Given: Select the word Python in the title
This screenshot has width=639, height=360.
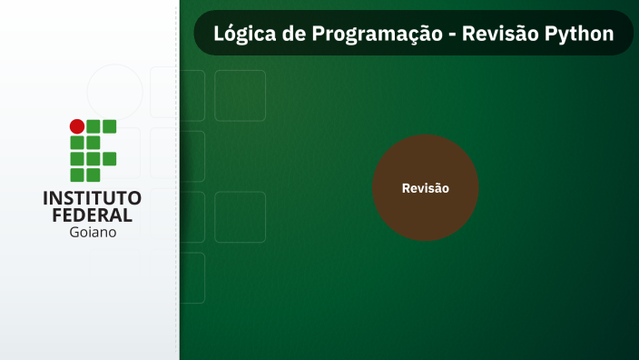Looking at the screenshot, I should pyautogui.click(x=579, y=34).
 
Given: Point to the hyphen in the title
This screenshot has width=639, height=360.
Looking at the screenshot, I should pyautogui.click(x=451, y=35).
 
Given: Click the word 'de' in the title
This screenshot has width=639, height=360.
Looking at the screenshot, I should pyautogui.click(x=290, y=34).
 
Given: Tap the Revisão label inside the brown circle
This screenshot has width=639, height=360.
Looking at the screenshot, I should pyautogui.click(x=426, y=188).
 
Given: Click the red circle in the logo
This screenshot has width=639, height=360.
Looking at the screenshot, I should pyautogui.click(x=77, y=126).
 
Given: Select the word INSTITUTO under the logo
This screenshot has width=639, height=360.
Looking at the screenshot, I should pyautogui.click(x=93, y=197).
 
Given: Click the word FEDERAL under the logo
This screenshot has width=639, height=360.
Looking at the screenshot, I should pyautogui.click(x=93, y=215).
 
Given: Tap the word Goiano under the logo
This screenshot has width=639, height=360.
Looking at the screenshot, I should pyautogui.click(x=93, y=232).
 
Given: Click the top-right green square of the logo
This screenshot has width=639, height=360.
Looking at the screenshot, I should pyautogui.click(x=109, y=126).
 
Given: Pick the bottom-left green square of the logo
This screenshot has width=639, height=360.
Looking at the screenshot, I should pyautogui.click(x=77, y=175).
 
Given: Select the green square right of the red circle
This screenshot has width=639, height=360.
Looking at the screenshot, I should pyautogui.click(x=93, y=126).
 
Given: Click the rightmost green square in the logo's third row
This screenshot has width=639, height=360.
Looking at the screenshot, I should pyautogui.click(x=109, y=158).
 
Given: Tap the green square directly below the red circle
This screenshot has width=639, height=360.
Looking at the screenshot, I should pyautogui.click(x=77, y=143).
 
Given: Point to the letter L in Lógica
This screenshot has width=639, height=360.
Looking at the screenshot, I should pyautogui.click(x=219, y=34).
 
